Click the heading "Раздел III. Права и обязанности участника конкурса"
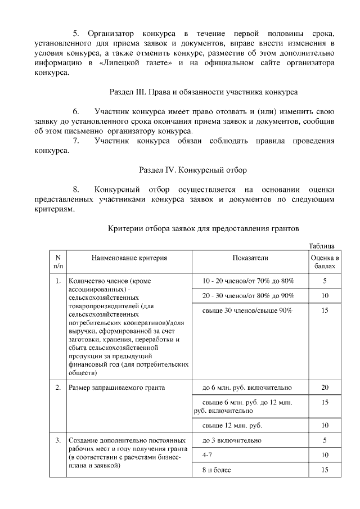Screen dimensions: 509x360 click(202, 91)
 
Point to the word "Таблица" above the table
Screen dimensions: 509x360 click(322, 246)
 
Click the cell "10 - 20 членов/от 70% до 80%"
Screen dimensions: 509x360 click(248, 280)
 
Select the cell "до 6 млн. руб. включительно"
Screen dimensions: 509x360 click(247, 388)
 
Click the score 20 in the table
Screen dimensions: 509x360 click(325, 388)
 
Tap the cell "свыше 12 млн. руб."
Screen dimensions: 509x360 click(232, 425)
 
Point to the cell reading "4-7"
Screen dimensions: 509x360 click(207, 454)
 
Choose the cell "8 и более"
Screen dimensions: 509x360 click(216, 470)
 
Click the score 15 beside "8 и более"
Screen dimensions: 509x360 click(325, 470)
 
